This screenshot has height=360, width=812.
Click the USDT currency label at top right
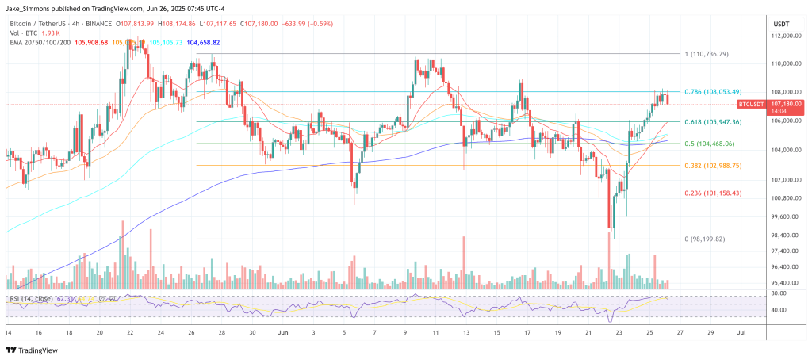tap(780, 24)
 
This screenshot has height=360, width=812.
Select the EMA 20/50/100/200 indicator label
tap(36, 42)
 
